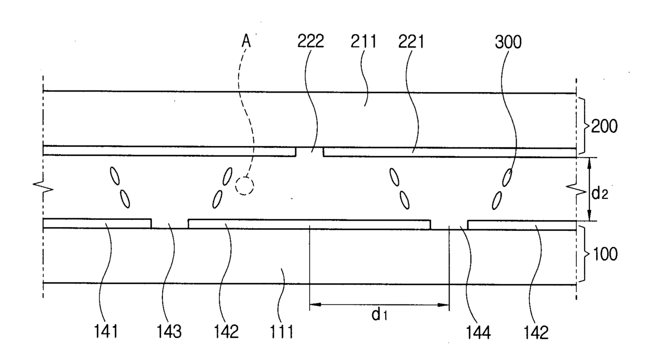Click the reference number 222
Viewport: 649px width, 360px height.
[310, 41]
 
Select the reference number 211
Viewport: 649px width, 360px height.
[363, 41]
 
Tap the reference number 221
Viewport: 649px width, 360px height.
[411, 41]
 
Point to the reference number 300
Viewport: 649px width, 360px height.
[508, 42]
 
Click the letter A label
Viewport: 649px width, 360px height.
[246, 41]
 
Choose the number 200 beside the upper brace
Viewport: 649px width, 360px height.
[604, 127]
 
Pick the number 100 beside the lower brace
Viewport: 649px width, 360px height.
[605, 254]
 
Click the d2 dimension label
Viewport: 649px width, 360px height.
[599, 194]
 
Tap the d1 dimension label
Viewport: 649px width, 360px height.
[379, 314]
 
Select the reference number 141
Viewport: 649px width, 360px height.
[106, 331]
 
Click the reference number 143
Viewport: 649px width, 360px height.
[169, 331]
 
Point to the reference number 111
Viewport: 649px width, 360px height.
[282, 331]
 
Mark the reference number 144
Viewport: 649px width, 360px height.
[478, 332]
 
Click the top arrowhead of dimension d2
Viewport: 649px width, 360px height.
[589, 163]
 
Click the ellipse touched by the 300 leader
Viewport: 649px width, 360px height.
[507, 177]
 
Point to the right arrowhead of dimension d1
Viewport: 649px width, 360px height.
[443, 305]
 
